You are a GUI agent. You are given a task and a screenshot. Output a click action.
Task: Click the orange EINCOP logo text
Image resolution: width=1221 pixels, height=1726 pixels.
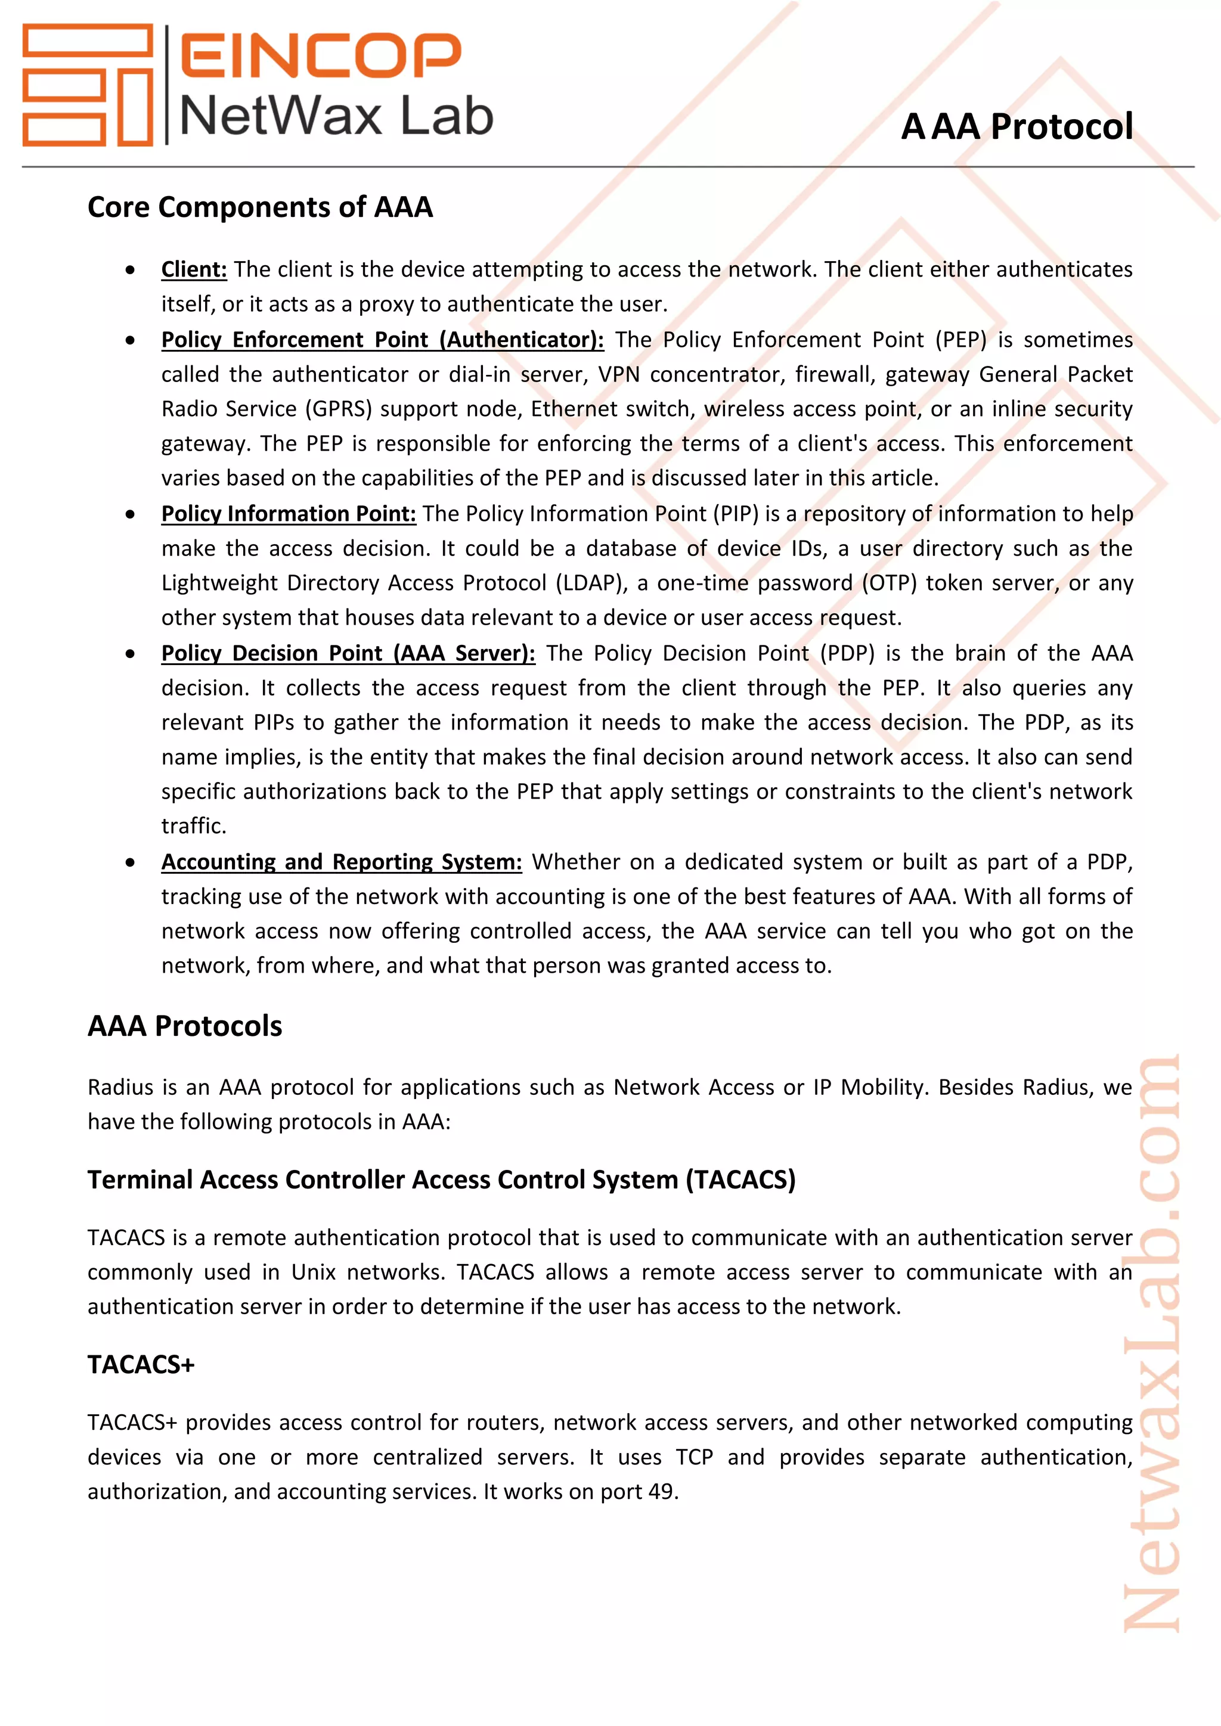320,55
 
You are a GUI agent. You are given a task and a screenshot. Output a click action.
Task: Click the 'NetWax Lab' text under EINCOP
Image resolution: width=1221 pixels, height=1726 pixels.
336,117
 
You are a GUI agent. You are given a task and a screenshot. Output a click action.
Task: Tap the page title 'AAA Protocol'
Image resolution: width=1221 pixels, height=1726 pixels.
1017,126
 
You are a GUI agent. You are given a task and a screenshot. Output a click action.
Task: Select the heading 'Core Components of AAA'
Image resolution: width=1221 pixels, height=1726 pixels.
260,207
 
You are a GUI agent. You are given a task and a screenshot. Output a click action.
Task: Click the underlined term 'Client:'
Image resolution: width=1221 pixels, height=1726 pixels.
194,269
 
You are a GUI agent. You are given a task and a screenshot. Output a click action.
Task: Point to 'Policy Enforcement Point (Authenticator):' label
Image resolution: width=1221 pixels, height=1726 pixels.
382,339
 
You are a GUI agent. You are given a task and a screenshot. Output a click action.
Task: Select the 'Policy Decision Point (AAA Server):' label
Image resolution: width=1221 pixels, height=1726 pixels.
348,653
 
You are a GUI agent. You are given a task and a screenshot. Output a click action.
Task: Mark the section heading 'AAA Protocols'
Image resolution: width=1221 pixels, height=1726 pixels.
185,1026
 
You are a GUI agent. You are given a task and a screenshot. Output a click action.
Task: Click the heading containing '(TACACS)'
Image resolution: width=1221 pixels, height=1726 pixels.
441,1179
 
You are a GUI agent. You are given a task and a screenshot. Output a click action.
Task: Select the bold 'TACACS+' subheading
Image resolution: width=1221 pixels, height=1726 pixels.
141,1364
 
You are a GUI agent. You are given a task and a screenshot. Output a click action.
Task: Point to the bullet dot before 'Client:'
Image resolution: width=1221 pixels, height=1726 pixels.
131,270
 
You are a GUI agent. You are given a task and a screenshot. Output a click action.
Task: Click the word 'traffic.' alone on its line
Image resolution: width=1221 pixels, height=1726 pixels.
194,826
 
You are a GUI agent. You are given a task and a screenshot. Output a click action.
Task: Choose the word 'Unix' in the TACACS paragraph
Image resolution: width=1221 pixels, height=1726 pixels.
314,1272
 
